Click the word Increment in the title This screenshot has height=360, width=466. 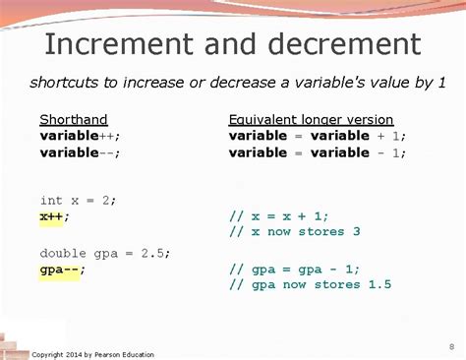[108, 44]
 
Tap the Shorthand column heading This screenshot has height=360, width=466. [73, 119]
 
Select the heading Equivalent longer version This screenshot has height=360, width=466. [311, 119]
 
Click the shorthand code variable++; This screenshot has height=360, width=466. [84, 135]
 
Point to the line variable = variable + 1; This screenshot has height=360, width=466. [317, 135]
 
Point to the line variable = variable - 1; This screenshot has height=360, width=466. [317, 151]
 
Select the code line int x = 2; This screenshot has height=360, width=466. [78, 200]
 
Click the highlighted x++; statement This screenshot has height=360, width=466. [55, 215]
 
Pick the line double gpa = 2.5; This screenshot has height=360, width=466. [105, 252]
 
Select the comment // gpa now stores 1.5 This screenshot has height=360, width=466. [310, 285]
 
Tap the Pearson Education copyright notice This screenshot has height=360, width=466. [93, 354]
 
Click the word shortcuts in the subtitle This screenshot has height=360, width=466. [66, 82]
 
